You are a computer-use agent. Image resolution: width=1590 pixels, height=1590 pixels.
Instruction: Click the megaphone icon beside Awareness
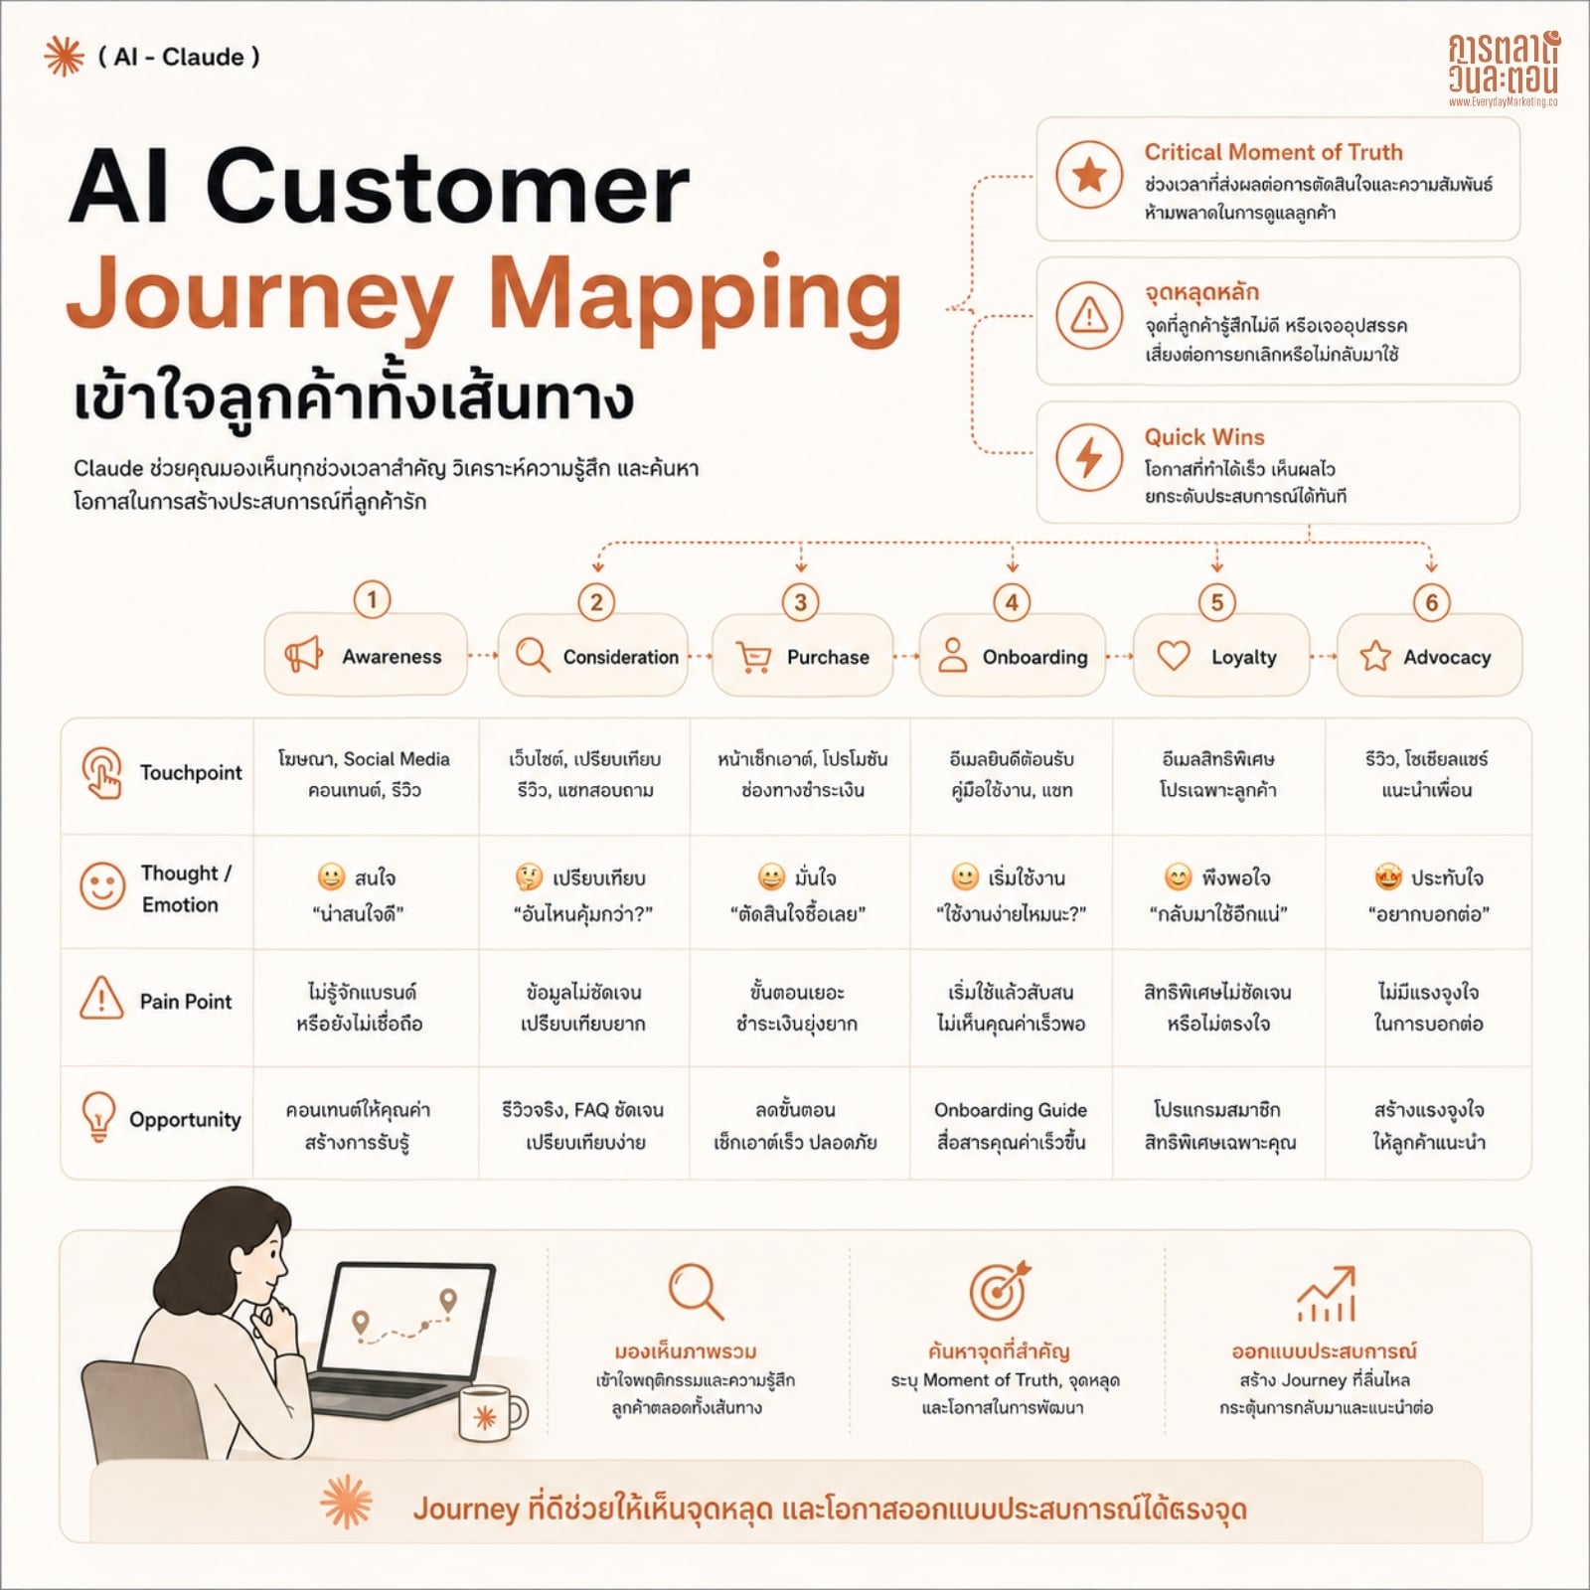point(303,655)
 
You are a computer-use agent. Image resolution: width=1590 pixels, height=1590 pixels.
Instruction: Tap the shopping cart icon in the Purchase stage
point(753,657)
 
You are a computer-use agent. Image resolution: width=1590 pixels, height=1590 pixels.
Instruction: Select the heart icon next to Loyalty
point(1174,656)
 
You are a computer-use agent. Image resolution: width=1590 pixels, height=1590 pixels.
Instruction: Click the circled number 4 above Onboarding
point(1012,602)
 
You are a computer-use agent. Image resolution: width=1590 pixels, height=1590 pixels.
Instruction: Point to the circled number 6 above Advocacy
point(1432,602)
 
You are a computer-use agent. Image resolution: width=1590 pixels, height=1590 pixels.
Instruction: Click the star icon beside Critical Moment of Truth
point(1089,175)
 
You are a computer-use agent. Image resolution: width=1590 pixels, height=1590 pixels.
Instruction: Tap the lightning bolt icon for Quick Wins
point(1089,457)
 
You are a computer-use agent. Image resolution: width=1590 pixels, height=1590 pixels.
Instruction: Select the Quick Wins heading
point(1204,437)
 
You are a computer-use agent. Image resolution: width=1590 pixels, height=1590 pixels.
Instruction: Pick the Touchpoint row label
point(191,773)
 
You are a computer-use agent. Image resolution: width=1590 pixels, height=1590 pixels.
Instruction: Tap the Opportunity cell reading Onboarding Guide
point(1011,1126)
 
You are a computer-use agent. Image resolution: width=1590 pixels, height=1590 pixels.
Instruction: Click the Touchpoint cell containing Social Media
point(364,774)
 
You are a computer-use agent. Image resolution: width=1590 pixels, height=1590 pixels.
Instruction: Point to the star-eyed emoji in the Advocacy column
point(1388,877)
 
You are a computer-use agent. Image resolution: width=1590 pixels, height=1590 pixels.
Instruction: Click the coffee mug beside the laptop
point(490,1411)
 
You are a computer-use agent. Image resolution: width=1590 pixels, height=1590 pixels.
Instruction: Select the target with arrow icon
point(1000,1291)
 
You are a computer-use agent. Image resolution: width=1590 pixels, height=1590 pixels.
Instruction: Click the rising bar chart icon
point(1326,1294)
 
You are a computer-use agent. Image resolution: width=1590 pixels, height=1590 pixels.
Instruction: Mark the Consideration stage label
point(621,657)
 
